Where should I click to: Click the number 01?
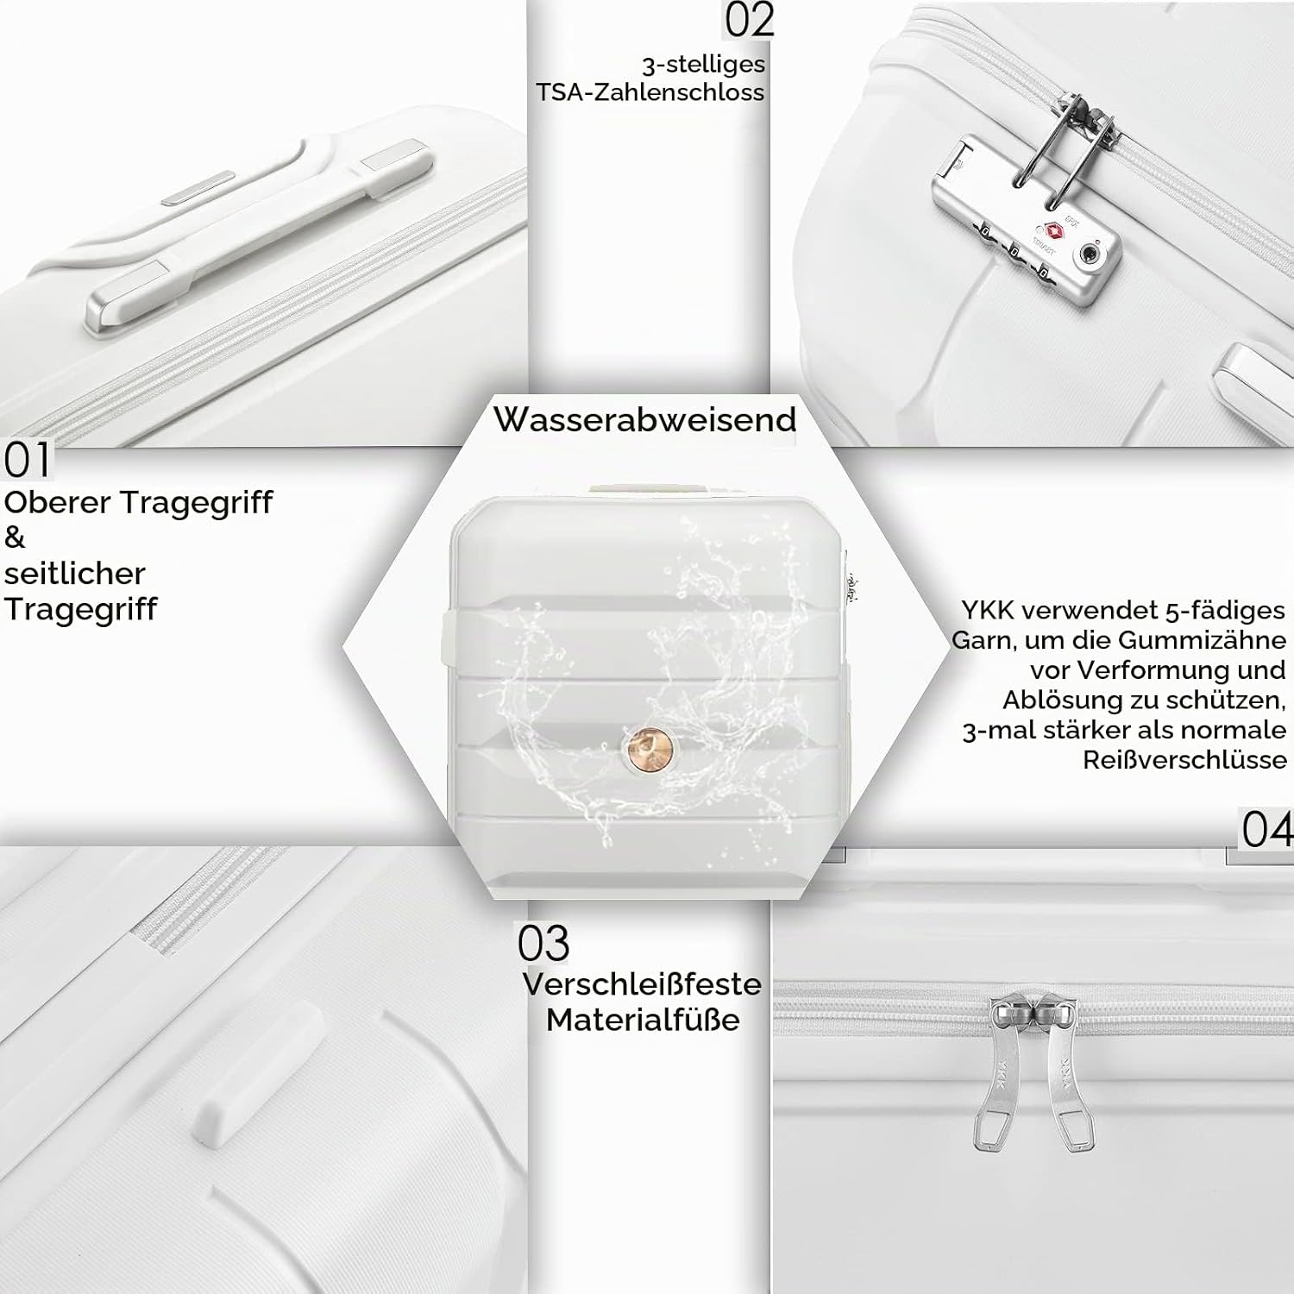click(28, 461)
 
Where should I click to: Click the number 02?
click(749, 21)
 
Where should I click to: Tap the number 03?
click(543, 943)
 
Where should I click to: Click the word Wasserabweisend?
click(645, 419)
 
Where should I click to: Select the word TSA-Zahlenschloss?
click(650, 92)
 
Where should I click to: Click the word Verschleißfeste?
click(642, 984)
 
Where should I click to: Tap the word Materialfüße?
click(643, 1020)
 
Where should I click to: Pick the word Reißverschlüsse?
click(1185, 760)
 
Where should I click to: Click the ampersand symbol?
click(15, 537)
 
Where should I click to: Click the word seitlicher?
click(75, 573)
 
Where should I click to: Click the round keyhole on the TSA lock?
click(1090, 255)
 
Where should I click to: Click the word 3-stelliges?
click(703, 65)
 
